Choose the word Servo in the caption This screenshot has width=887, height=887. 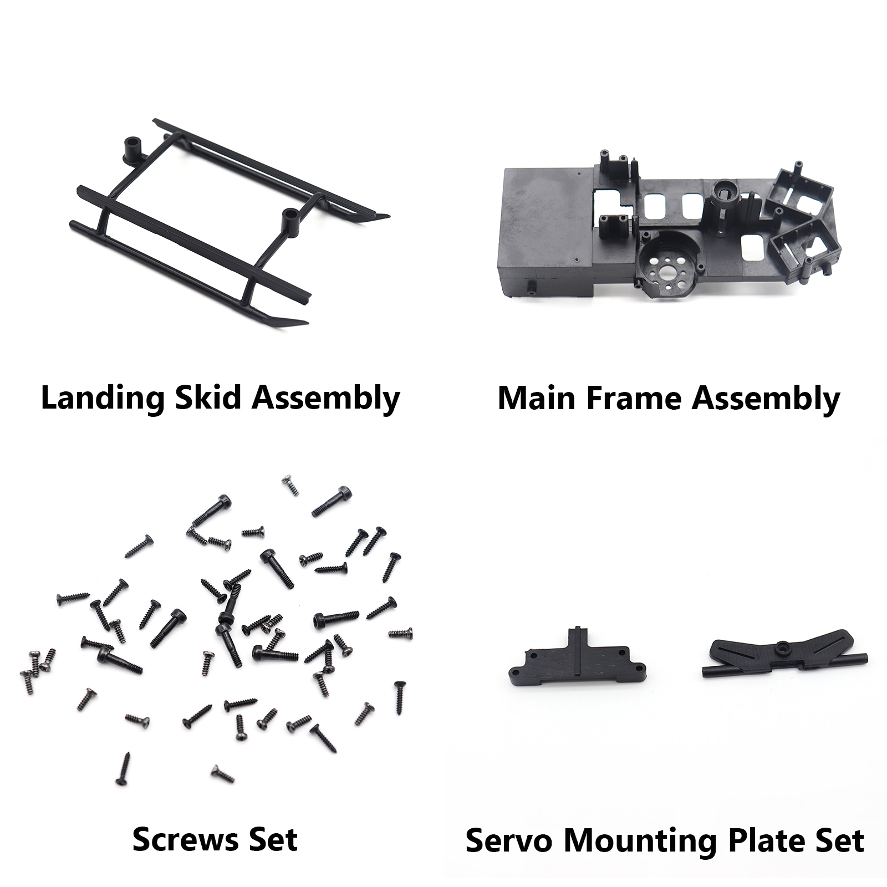pyautogui.click(x=509, y=840)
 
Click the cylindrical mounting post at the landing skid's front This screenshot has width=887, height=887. pyautogui.click(x=289, y=220)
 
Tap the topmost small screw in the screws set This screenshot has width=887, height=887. pyautogui.click(x=290, y=485)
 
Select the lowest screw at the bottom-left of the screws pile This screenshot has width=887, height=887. pyautogui.click(x=123, y=769)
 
